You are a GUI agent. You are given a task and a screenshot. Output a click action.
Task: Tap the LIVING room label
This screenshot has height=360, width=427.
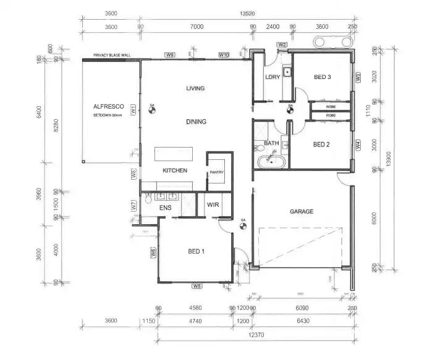coord(195,88)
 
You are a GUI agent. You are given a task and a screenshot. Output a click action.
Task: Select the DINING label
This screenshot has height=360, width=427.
coord(196,122)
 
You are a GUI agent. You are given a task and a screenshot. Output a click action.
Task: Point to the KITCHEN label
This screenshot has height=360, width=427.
coord(175,170)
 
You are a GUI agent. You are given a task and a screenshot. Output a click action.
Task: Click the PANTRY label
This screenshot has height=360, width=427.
coord(216,172)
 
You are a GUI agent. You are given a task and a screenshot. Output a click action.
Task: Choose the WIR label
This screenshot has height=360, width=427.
coord(213,204)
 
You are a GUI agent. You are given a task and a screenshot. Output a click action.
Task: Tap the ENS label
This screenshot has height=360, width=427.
coord(165,208)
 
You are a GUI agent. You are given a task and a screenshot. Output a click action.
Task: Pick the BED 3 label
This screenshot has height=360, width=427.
coord(323,77)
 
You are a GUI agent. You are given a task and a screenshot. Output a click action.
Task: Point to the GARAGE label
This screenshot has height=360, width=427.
coord(302,211)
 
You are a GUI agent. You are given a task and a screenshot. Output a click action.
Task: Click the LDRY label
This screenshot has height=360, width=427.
coord(273,77)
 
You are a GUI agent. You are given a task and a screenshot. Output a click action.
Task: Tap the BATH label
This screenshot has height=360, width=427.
coord(271,143)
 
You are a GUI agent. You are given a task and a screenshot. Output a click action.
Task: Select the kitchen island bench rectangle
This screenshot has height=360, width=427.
coord(173,153)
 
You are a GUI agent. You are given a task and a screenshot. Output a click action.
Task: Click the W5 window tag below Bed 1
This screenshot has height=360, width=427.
coord(197,286)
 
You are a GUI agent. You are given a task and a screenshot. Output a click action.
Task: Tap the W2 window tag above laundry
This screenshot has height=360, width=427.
coord(282,44)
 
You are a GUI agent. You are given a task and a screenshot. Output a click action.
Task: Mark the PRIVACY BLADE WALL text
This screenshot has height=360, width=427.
coord(112,55)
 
